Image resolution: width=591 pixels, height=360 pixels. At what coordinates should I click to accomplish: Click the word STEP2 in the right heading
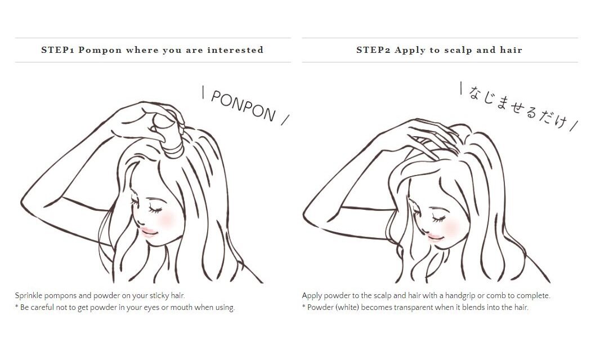tap(373, 50)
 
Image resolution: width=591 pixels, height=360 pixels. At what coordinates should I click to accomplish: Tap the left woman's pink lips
tap(148, 232)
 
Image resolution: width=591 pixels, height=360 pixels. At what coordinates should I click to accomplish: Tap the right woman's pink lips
tap(435, 237)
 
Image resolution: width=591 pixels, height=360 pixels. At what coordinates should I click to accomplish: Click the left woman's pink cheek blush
tap(166, 218)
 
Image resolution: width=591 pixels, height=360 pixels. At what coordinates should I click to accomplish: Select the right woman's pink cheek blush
tap(451, 227)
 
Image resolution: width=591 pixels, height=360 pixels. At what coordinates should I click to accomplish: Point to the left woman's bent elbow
tap(24, 205)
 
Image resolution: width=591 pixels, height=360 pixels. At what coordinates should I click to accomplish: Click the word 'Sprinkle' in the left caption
tap(28, 296)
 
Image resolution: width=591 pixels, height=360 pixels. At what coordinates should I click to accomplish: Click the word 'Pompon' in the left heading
tap(100, 50)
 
